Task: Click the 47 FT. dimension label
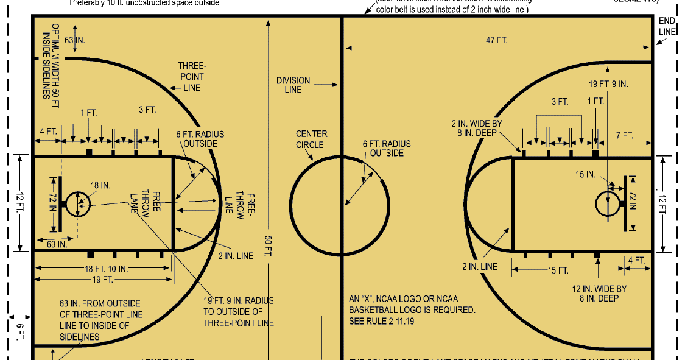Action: pyautogui.click(x=497, y=40)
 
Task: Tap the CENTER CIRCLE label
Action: pyautogui.click(x=311, y=139)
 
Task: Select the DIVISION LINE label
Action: pyautogui.click(x=293, y=85)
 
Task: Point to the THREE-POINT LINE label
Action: pyautogui.click(x=191, y=77)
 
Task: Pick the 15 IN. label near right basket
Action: pyautogui.click(x=586, y=174)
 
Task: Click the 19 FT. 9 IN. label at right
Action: pyautogui.click(x=608, y=84)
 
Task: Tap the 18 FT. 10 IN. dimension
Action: pyautogui.click(x=107, y=269)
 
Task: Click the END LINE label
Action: pyautogui.click(x=667, y=26)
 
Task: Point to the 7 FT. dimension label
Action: pyautogui.click(x=625, y=135)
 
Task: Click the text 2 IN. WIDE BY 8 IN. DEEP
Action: pyautogui.click(x=472, y=129)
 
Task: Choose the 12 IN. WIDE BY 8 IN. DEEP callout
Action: pyautogui.click(x=599, y=293)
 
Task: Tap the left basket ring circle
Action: pyautogui.click(x=77, y=203)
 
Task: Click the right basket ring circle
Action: pyautogui.click(x=608, y=203)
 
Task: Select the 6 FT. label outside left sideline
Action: pyautogui.click(x=19, y=332)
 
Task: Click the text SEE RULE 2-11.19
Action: pyautogui.click(x=381, y=321)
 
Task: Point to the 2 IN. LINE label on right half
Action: pyautogui.click(x=480, y=267)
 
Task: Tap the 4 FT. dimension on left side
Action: pyautogui.click(x=47, y=131)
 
